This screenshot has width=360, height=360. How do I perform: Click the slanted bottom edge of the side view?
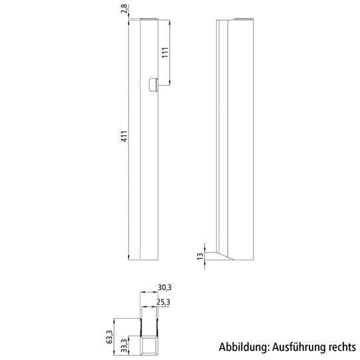tap(224, 253)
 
